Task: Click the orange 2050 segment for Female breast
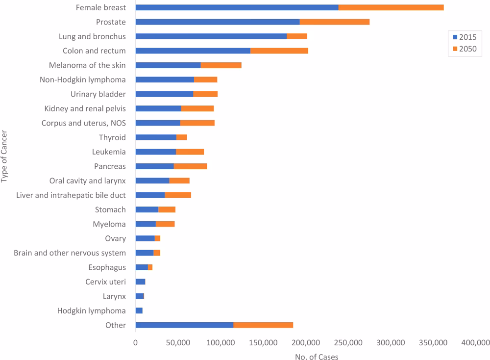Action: pyautogui.click(x=391, y=7)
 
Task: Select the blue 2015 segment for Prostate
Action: pyautogui.click(x=217, y=22)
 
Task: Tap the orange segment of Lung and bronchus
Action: pyautogui.click(x=296, y=36)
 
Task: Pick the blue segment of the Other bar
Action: pyautogui.click(x=184, y=325)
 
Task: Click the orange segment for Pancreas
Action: pyautogui.click(x=190, y=166)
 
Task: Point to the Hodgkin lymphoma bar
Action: pyautogui.click(x=139, y=311)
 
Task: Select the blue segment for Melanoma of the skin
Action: pyautogui.click(x=168, y=65)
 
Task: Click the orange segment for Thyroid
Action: pyautogui.click(x=181, y=137)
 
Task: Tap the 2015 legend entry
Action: pyautogui.click(x=464, y=37)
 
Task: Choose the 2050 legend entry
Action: pyautogui.click(x=464, y=48)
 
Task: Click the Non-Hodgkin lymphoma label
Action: pyautogui.click(x=82, y=79)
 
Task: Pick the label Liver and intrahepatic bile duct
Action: pyautogui.click(x=71, y=195)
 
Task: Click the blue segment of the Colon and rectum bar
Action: pyautogui.click(x=193, y=51)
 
